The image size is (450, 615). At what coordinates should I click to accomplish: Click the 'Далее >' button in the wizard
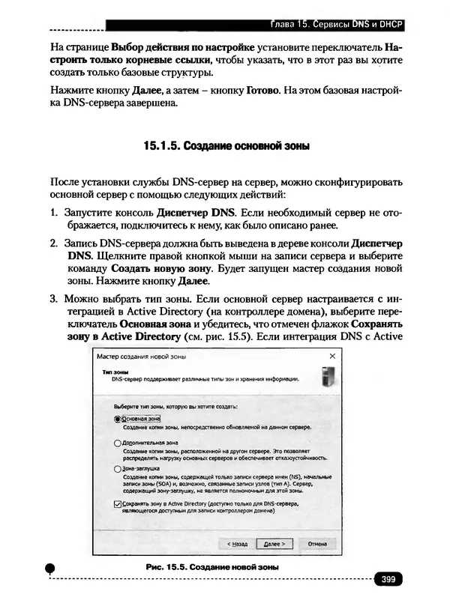pos(273,544)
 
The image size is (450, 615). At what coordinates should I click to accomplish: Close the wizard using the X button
pos(332,357)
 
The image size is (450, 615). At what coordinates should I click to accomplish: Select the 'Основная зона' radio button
pos(116,419)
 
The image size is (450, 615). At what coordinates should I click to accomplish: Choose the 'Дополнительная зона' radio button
pos(116,443)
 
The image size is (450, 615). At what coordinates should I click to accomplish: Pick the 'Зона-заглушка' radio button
pos(116,469)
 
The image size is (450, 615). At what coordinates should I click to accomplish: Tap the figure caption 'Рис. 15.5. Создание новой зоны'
pos(212,568)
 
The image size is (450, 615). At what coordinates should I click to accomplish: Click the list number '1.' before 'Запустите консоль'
pos(54,212)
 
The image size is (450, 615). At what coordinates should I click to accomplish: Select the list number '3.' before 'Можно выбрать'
pos(54,299)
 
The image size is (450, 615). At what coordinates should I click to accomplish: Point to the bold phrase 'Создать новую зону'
pos(160,267)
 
